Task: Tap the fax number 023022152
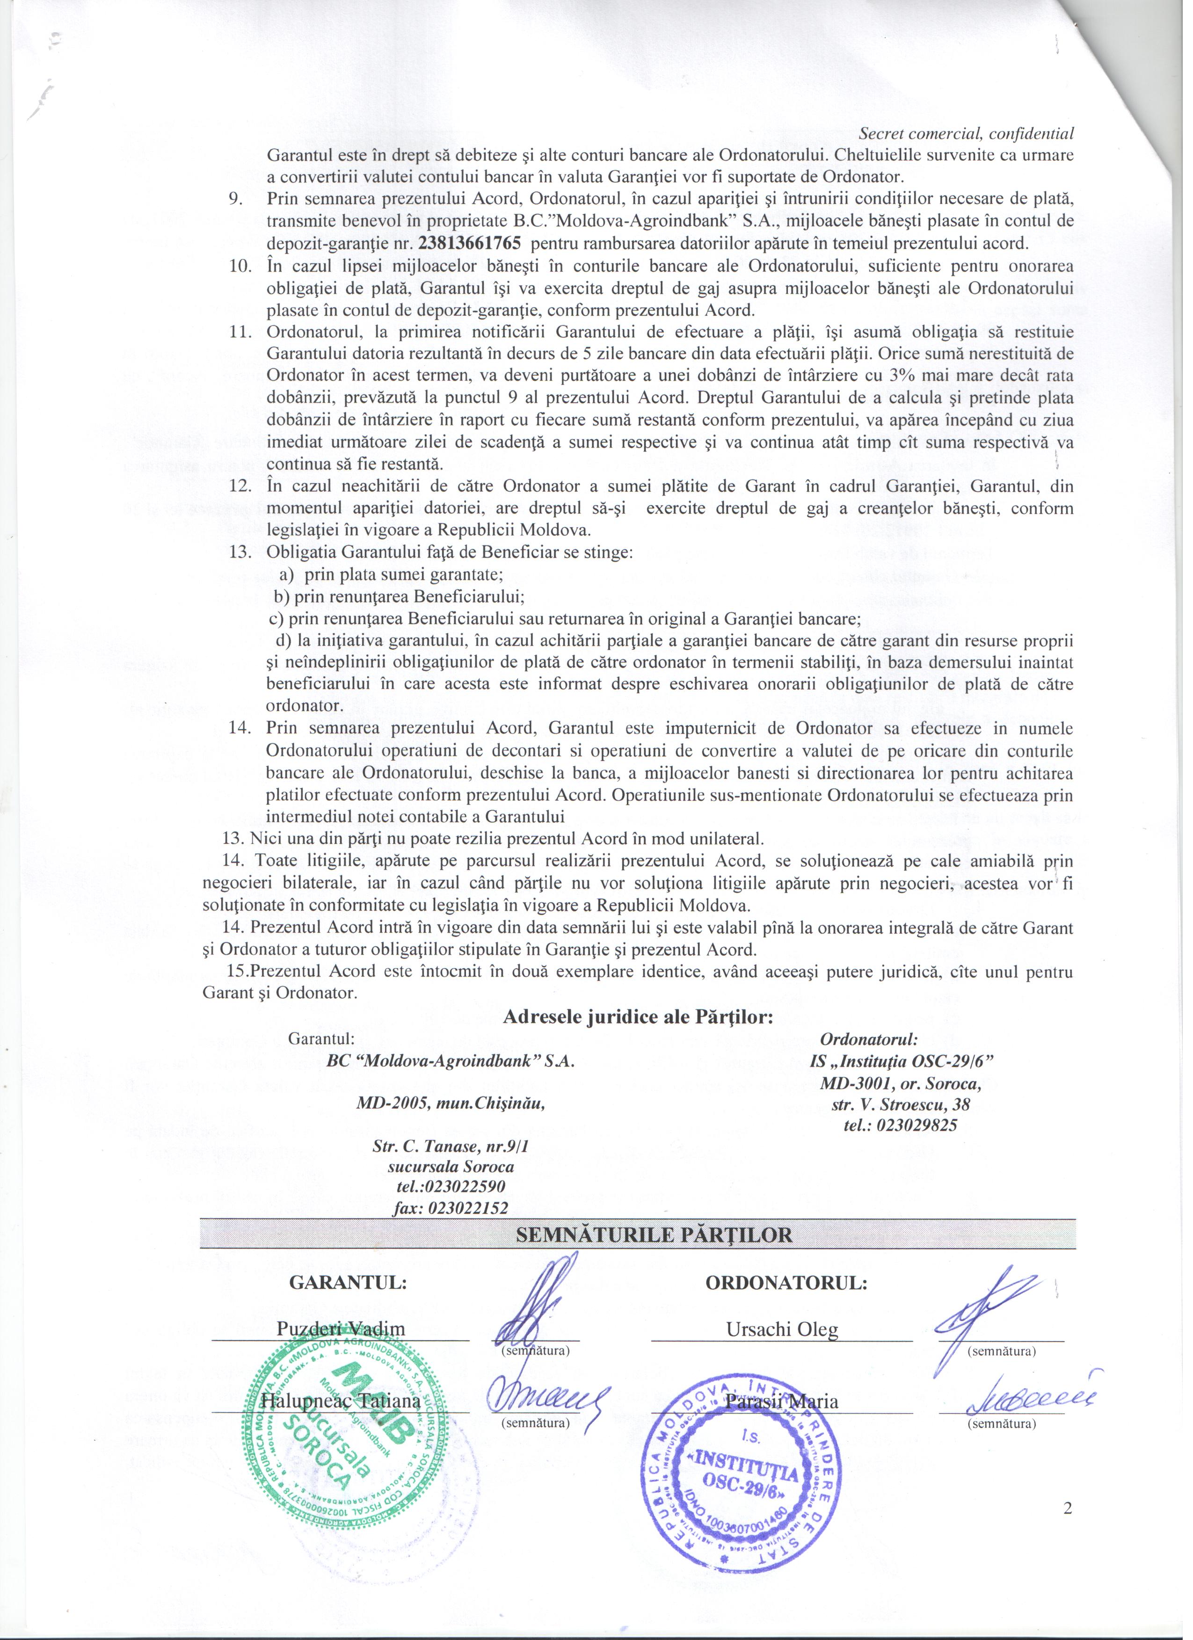point(451,1208)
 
